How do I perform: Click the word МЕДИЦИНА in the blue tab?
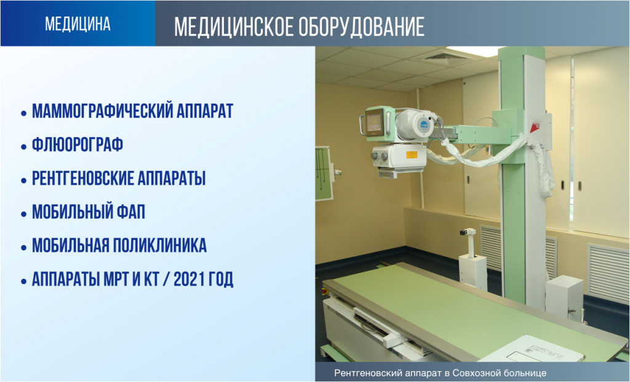click(78, 24)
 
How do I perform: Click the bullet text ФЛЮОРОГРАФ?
click(78, 145)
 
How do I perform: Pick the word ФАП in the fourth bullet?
click(131, 212)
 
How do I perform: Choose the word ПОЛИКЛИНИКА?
click(159, 246)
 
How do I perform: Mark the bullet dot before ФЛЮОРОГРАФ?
click(24, 146)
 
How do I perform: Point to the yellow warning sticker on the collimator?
click(411, 155)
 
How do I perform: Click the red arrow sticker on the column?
click(533, 128)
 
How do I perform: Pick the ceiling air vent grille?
click(445, 57)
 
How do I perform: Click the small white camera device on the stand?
click(468, 232)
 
